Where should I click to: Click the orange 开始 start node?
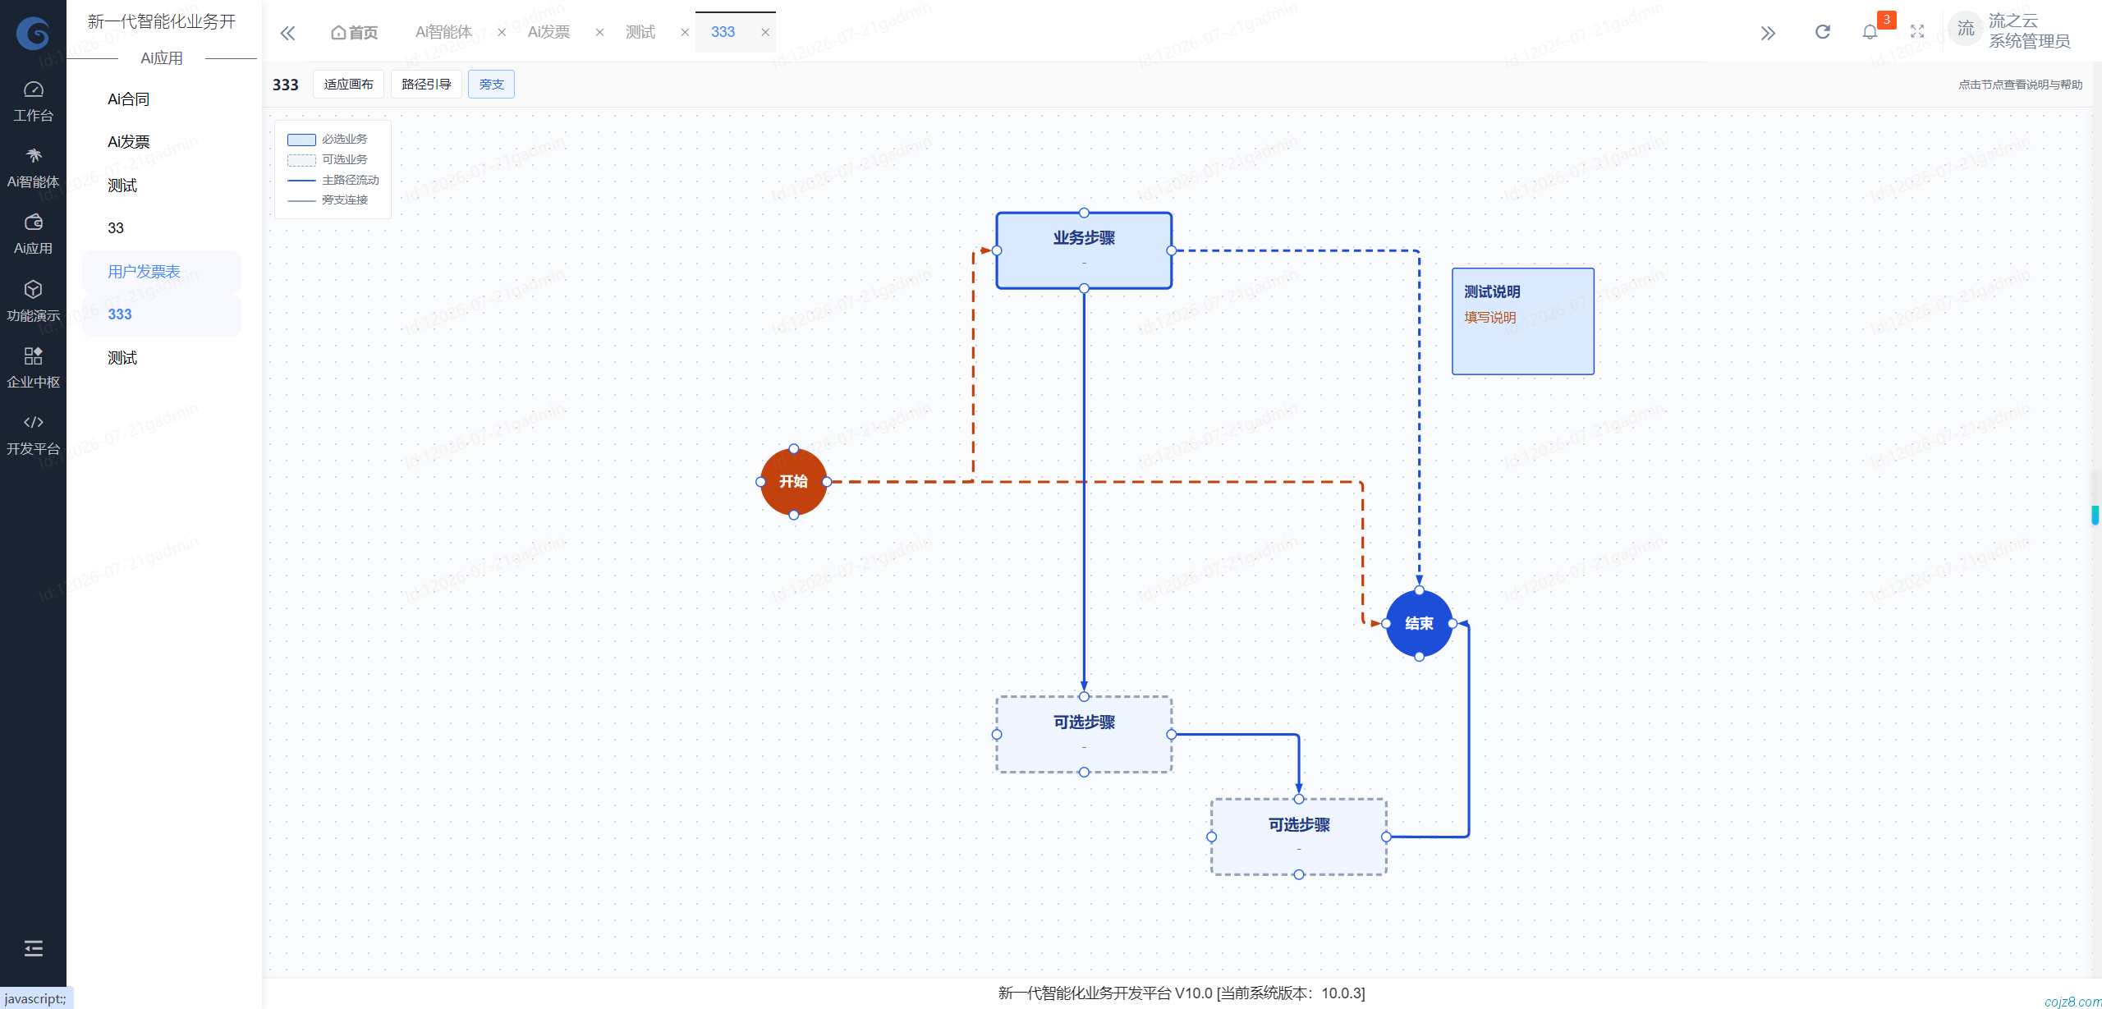tap(793, 482)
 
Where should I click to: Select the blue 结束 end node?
tap(1419, 623)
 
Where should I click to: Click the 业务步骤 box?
tap(1084, 250)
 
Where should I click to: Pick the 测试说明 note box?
tap(1523, 321)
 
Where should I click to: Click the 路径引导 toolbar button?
tap(426, 85)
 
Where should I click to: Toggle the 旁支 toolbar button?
tap(491, 85)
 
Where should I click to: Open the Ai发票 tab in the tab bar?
tap(548, 32)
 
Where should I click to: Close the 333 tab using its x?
tap(765, 32)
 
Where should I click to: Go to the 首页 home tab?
tap(354, 32)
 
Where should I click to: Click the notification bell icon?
tap(1870, 32)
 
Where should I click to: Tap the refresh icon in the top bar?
tap(1823, 32)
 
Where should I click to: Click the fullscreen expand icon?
tap(1917, 32)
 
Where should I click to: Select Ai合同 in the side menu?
tap(129, 99)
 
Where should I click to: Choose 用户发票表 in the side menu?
tap(144, 272)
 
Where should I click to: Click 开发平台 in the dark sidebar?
tap(33, 435)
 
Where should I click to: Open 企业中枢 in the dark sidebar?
tap(33, 368)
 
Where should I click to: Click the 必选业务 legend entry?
tap(328, 140)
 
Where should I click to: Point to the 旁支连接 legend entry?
tap(328, 200)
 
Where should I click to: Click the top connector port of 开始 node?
tap(793, 449)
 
